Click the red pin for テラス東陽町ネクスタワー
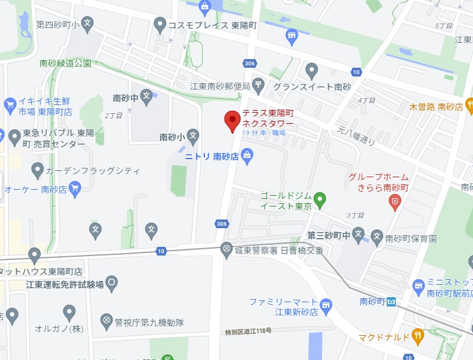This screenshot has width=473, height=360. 232,120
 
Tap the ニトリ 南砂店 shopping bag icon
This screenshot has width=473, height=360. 247,155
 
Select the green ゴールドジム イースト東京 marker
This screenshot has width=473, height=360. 319,200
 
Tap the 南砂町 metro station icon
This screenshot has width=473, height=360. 391,302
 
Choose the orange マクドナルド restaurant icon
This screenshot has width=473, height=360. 417,337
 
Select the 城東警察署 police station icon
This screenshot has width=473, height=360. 226,249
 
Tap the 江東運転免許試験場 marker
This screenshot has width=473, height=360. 112,284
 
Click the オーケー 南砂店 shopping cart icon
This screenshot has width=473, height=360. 75,188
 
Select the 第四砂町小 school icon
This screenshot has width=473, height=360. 88,25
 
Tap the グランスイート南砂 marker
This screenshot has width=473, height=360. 311,69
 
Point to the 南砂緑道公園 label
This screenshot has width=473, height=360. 65,63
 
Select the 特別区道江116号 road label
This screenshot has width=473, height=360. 249,332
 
